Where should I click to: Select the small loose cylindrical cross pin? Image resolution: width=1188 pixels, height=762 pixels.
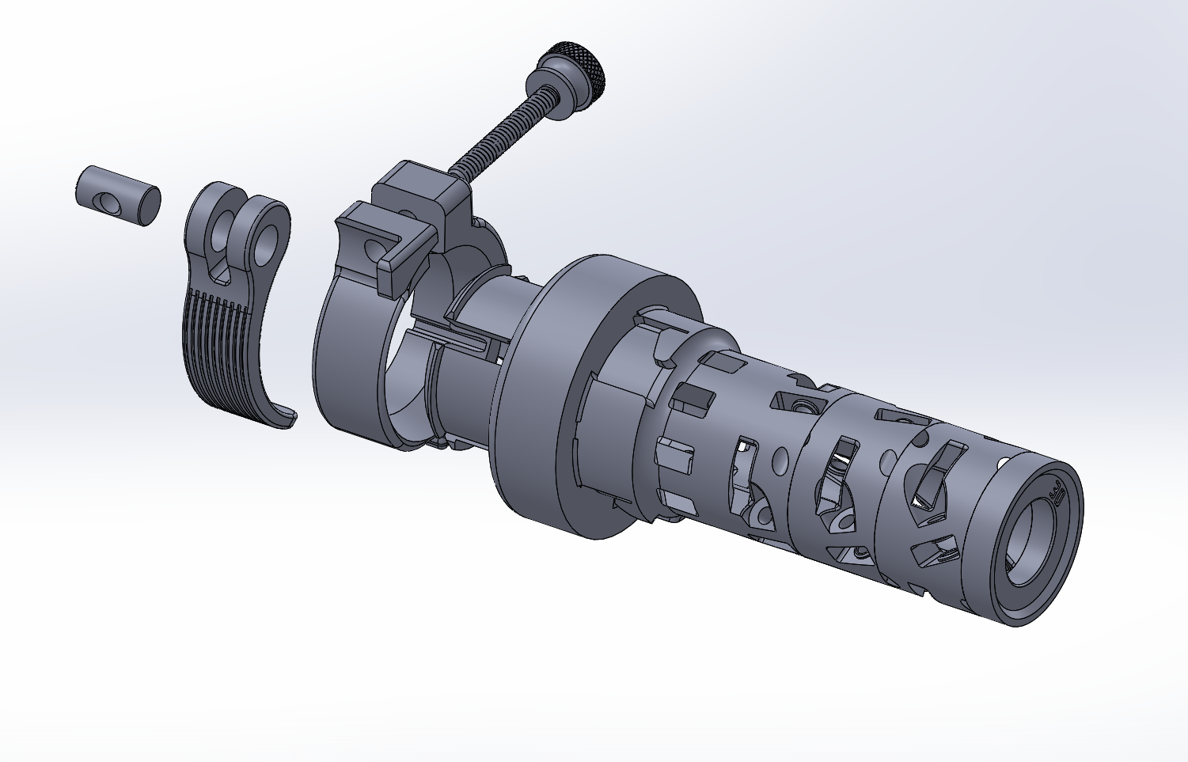[x=118, y=195]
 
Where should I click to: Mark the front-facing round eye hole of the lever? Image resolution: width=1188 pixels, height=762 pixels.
[x=268, y=238]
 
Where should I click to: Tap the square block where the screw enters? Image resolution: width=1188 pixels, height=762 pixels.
[x=419, y=190]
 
